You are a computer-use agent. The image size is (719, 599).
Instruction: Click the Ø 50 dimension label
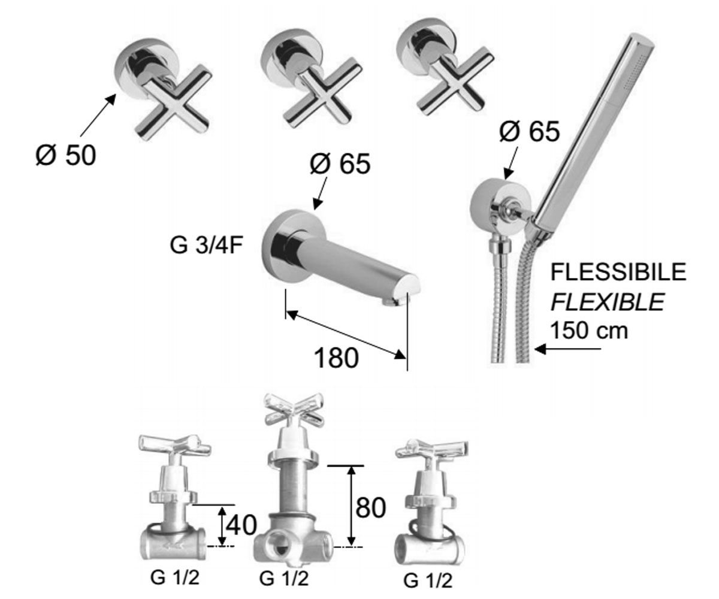click(x=65, y=156)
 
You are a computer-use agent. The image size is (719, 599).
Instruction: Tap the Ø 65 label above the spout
click(x=340, y=164)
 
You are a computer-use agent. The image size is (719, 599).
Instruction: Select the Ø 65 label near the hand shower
click(x=529, y=131)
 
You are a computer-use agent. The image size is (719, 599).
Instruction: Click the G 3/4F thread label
click(x=207, y=245)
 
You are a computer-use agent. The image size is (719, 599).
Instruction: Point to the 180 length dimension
click(x=336, y=358)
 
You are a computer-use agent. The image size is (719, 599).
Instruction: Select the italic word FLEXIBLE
click(x=608, y=302)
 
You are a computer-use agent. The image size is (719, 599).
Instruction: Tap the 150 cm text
click(x=589, y=330)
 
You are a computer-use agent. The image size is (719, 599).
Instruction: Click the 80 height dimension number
click(x=370, y=507)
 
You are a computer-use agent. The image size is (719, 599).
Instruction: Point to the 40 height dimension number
click(x=241, y=525)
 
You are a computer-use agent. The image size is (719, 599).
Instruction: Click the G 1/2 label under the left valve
click(x=175, y=577)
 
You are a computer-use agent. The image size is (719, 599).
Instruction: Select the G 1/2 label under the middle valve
click(x=284, y=579)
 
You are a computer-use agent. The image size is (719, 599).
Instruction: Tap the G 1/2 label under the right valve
click(x=428, y=581)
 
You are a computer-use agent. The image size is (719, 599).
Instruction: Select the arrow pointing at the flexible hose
click(x=567, y=349)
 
